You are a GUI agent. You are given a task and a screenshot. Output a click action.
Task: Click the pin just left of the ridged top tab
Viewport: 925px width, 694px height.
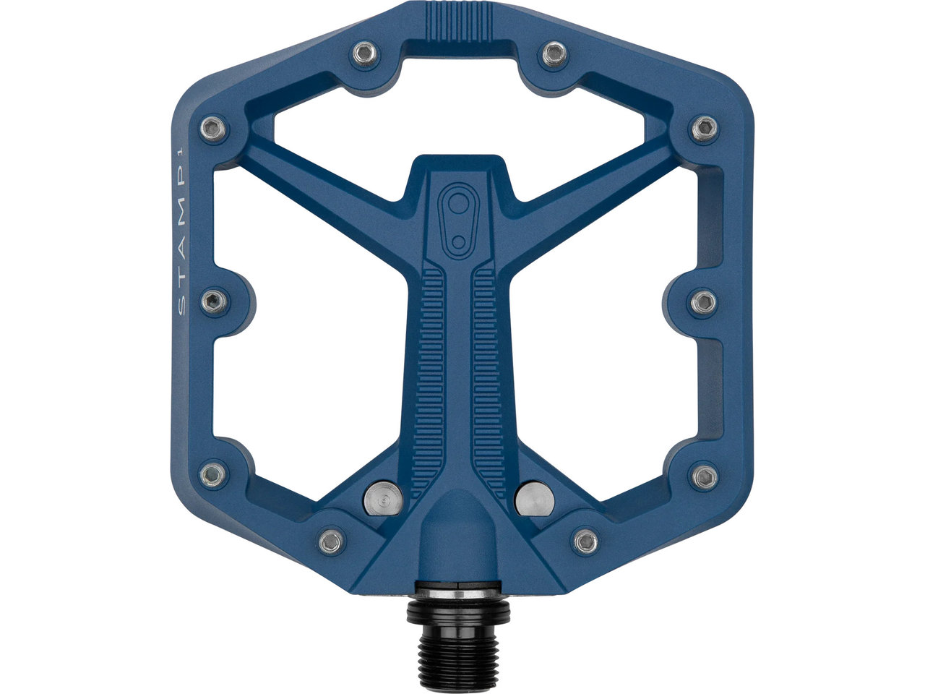366,53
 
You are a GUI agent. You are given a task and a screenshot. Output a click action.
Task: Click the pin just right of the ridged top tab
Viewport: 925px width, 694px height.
554,52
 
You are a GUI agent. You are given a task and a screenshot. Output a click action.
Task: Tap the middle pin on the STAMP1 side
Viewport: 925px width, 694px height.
213,301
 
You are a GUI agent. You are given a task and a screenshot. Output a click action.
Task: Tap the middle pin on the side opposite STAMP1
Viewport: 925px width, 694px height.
703,301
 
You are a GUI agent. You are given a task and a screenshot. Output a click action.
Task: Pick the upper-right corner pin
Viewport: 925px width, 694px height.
703,129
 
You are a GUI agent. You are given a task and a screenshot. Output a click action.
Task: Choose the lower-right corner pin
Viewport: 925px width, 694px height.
704,476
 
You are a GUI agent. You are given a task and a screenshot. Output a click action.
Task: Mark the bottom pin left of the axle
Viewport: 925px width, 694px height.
330,540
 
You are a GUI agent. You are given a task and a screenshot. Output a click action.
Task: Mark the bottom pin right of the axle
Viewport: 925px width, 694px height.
584,539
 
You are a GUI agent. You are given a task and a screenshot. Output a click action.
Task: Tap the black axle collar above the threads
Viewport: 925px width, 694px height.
458,612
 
